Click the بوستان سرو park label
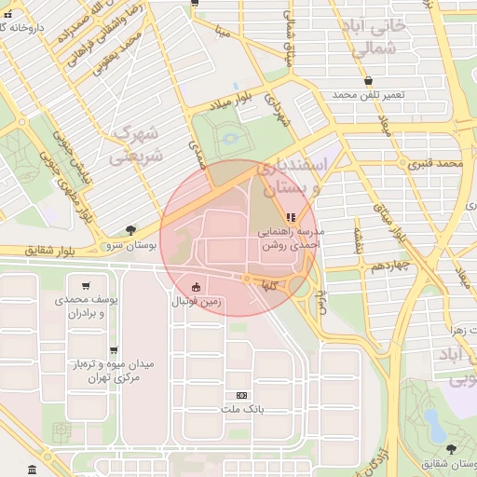coord(129,244)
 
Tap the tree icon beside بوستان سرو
coord(129,229)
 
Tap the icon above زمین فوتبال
coord(195,288)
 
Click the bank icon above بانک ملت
coord(243,395)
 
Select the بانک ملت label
coord(243,410)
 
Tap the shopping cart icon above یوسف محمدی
coord(86,286)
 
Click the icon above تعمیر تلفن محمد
coord(369,81)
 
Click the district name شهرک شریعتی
coord(135,145)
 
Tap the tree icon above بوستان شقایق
coord(451,448)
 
